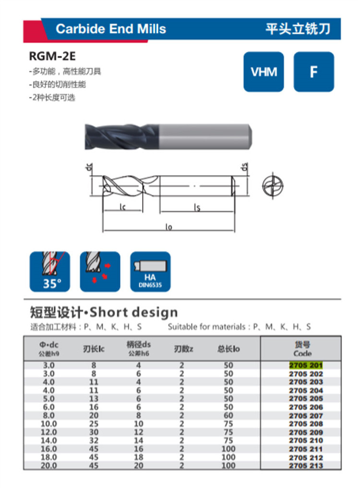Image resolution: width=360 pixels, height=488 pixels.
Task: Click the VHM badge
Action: [x=264, y=71]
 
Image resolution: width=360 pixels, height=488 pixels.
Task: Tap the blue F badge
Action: [x=313, y=71]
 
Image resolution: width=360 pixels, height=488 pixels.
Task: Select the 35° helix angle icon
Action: [x=50, y=272]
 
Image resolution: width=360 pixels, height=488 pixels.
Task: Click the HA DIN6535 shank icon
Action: [x=150, y=272]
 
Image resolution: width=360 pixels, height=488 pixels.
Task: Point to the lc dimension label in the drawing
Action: [x=122, y=207]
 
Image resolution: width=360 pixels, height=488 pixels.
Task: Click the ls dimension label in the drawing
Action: [x=197, y=207]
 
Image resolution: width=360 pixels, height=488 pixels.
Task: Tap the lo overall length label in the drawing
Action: [x=168, y=227]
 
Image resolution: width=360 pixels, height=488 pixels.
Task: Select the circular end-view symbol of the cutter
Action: [x=273, y=186]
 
